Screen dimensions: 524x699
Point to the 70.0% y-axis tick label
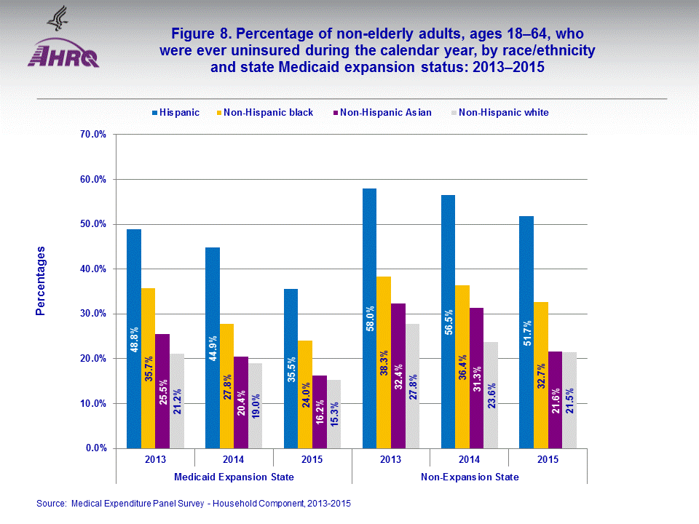coord(92,135)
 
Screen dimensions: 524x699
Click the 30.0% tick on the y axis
coord(92,314)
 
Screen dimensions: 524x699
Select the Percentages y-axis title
coord(42,280)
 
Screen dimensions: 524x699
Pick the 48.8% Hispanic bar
coord(134,338)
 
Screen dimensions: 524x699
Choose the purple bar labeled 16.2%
coord(320,412)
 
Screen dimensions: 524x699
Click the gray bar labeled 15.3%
coord(334,414)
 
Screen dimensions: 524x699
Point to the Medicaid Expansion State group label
coord(234,477)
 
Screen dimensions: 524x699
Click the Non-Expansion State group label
coord(470,477)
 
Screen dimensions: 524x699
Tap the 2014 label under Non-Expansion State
coord(469,459)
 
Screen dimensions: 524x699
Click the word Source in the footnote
coord(51,503)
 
